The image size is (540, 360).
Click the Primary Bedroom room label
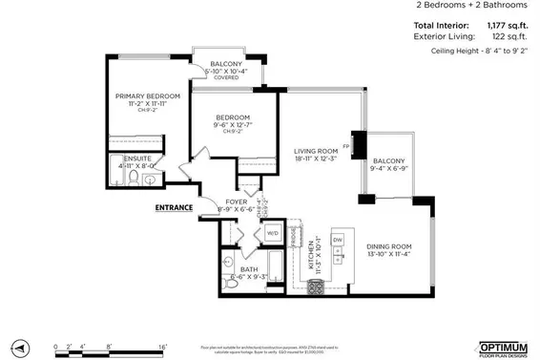(148, 96)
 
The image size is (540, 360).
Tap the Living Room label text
(316, 151)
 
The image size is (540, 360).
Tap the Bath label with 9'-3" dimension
(249, 269)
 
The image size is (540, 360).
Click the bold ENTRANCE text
(173, 207)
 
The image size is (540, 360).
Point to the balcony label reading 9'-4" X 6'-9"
(388, 161)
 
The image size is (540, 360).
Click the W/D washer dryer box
(271, 232)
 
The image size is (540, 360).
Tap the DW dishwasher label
(338, 240)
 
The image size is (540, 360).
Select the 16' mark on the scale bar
(163, 349)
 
